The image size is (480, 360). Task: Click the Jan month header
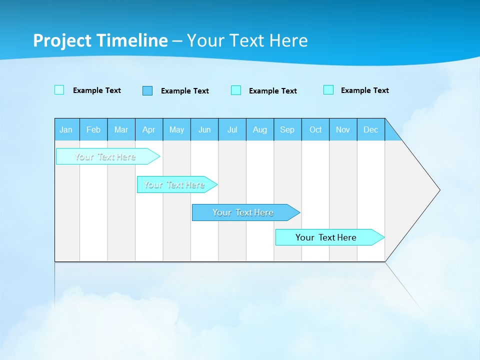click(66, 129)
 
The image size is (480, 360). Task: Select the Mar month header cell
click(121, 129)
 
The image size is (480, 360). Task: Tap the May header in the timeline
click(176, 129)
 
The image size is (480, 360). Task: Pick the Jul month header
click(232, 129)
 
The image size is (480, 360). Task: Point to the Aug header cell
click(259, 129)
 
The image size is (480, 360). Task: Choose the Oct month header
click(315, 129)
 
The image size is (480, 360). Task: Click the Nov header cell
click(343, 129)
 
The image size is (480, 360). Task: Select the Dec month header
click(370, 129)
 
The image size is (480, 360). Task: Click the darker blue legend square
click(147, 90)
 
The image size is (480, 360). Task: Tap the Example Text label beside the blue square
click(184, 91)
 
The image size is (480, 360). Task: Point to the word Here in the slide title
click(288, 40)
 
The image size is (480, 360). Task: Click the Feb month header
click(93, 129)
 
